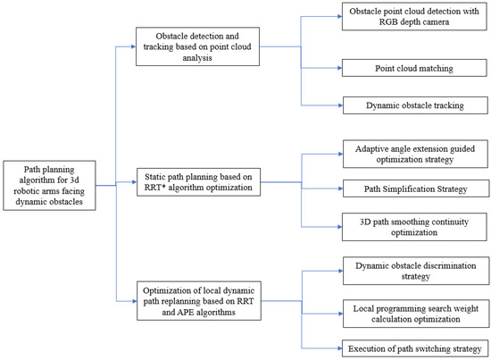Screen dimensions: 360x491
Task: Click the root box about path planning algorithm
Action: [x=49, y=186]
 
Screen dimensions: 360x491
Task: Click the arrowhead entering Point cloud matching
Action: [x=340, y=68]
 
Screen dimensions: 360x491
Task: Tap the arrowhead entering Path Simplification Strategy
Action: [x=340, y=188]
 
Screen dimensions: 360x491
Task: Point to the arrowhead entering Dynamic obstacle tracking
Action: [x=340, y=106]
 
